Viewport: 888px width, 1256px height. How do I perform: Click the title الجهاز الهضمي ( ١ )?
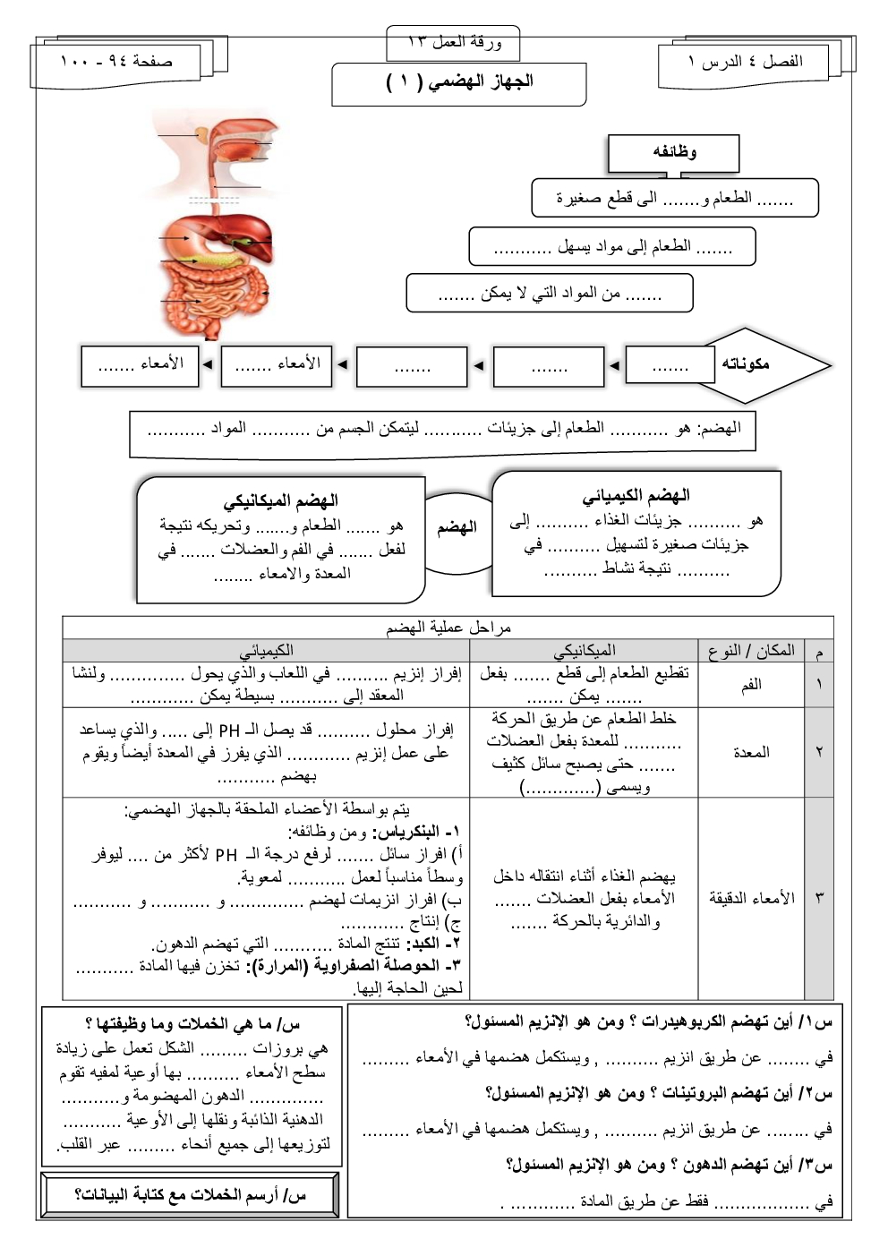[459, 82]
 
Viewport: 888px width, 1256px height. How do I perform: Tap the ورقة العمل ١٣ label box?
[454, 42]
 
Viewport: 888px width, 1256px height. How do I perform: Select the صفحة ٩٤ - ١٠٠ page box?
[116, 62]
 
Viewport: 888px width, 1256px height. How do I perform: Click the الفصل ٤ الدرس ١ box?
[746, 62]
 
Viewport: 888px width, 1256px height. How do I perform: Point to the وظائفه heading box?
[674, 152]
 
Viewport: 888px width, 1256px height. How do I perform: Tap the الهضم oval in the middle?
[457, 528]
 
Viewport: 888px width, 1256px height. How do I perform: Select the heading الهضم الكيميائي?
[636, 496]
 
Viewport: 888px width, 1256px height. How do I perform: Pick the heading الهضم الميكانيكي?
[280, 500]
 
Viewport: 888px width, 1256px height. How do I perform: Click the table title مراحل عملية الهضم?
[448, 628]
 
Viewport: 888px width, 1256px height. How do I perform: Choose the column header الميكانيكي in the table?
[584, 651]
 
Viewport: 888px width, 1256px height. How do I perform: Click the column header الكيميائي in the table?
[266, 651]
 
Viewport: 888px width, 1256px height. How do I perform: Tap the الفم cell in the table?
[751, 685]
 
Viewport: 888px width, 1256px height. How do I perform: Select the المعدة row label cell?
[751, 753]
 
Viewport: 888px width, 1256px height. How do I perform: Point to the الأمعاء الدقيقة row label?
[751, 898]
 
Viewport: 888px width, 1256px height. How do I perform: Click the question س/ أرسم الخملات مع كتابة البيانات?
[190, 1195]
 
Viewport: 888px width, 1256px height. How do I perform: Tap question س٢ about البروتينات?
[658, 1093]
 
